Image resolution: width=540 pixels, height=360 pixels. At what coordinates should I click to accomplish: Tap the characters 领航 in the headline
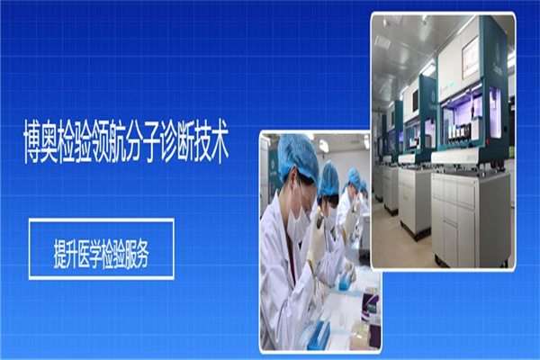click(108, 141)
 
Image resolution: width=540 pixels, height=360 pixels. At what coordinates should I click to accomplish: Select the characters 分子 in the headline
click(142, 141)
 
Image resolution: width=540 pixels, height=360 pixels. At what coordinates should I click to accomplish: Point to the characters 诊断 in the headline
click(176, 141)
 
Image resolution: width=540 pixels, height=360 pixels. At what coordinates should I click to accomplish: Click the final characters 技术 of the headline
click(211, 141)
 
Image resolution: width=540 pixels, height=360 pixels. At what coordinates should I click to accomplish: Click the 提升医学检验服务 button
click(101, 248)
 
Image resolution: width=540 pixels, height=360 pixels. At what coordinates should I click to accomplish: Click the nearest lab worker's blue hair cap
click(298, 157)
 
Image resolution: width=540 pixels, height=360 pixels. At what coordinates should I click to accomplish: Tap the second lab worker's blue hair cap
click(328, 179)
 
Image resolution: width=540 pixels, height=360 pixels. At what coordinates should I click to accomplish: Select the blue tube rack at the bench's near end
click(318, 335)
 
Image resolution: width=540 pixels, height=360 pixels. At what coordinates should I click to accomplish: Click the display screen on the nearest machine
click(470, 58)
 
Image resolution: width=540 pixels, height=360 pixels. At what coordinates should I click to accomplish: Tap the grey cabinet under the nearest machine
click(470, 219)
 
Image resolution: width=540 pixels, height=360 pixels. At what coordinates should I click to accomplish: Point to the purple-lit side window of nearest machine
click(495, 112)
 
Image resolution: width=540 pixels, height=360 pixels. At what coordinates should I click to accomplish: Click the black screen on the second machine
click(416, 98)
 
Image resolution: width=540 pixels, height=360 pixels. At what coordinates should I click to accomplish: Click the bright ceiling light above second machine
click(427, 69)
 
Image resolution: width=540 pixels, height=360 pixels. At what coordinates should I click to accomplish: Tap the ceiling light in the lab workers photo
click(323, 146)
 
